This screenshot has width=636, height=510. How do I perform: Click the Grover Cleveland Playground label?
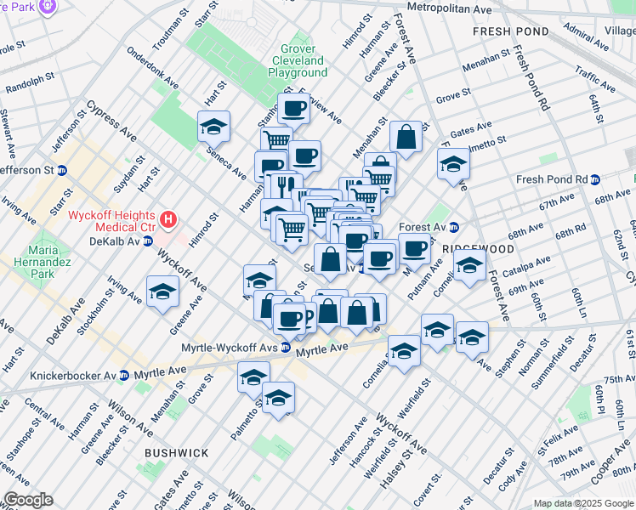pyautogui.click(x=298, y=61)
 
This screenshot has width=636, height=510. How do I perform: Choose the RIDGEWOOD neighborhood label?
pyautogui.click(x=478, y=249)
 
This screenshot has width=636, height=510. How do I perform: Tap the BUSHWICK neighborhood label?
pyautogui.click(x=176, y=454)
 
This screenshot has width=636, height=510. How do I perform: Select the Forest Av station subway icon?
pyautogui.click(x=454, y=227)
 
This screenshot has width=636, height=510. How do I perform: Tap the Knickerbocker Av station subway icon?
pyautogui.click(x=124, y=375)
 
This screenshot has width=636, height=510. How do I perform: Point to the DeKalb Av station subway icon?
pyautogui.click(x=148, y=241)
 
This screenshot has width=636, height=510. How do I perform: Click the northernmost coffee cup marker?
pyautogui.click(x=294, y=108)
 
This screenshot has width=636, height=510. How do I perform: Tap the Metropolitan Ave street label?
pyautogui.click(x=450, y=8)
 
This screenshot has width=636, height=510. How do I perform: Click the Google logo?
pyautogui.click(x=28, y=500)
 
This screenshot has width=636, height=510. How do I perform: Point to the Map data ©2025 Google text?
pyautogui.click(x=583, y=503)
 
